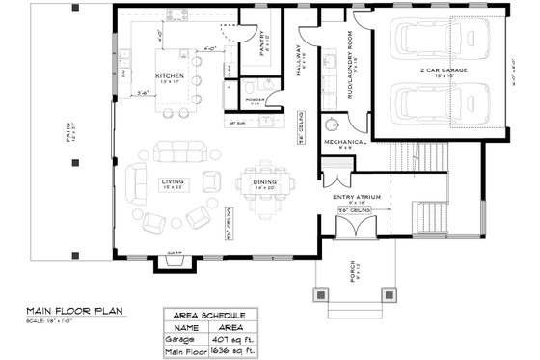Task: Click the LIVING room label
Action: tap(174, 180)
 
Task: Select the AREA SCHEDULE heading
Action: tap(209, 316)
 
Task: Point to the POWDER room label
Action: tap(256, 99)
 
